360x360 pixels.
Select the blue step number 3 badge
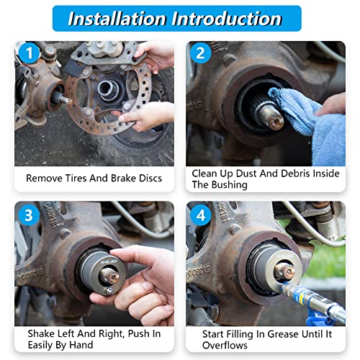(28, 215)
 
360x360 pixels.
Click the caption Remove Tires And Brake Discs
(94, 178)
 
